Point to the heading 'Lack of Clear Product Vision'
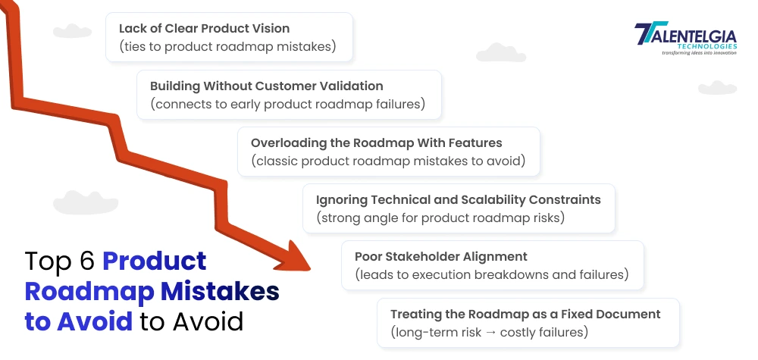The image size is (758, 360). (x=204, y=29)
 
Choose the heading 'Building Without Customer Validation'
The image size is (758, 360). (x=266, y=86)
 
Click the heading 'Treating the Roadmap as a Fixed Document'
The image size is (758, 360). (x=525, y=314)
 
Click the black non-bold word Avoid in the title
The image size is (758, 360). (x=208, y=321)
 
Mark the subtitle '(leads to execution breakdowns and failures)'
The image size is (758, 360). (x=492, y=275)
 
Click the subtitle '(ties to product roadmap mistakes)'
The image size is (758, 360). (x=227, y=47)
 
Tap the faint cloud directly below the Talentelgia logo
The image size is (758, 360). (x=716, y=87)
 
